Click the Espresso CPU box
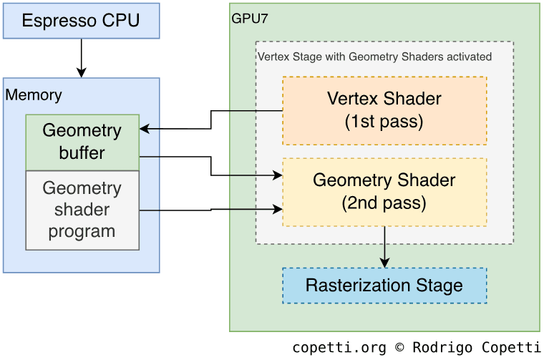(x=81, y=21)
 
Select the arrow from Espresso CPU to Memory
(x=81, y=57)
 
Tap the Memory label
(x=34, y=94)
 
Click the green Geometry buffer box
(x=82, y=142)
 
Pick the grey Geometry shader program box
(x=82, y=210)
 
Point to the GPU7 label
(x=250, y=19)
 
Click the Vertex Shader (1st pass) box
(x=384, y=110)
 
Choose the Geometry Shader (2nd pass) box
(x=384, y=192)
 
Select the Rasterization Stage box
(x=384, y=286)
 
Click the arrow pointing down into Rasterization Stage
(x=385, y=247)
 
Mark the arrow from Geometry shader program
(x=211, y=210)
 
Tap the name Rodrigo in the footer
(x=436, y=348)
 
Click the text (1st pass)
(x=384, y=122)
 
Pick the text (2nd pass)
(x=384, y=203)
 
